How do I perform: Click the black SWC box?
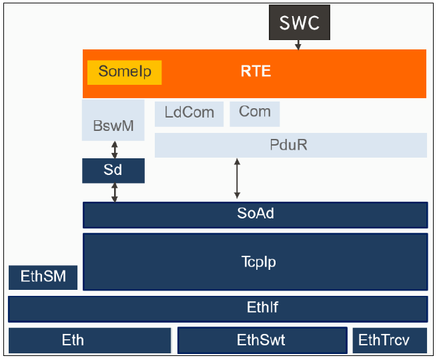300,22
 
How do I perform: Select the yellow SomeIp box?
125,72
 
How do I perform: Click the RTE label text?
256,71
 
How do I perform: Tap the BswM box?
113,120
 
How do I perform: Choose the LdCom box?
189,114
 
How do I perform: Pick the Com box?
255,114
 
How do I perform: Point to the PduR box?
291,145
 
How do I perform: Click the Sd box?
113,170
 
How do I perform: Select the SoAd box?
256,215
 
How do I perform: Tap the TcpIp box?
256,262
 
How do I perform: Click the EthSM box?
43,277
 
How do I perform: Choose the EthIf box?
218,309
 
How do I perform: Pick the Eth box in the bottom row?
90,341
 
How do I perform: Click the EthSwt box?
262,341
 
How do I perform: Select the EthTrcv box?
390,341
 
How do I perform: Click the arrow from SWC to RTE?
298,45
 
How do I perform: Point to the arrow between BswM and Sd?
115,150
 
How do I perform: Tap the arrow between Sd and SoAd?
115,192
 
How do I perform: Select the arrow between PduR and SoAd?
237,178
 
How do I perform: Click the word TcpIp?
259,262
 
